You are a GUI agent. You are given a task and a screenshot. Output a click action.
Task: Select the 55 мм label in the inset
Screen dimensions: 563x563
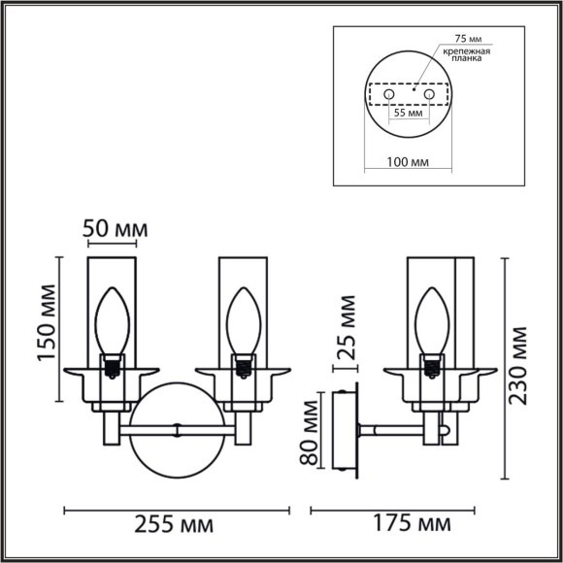click(408, 114)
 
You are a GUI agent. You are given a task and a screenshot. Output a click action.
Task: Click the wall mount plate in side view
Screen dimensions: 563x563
click(344, 431)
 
